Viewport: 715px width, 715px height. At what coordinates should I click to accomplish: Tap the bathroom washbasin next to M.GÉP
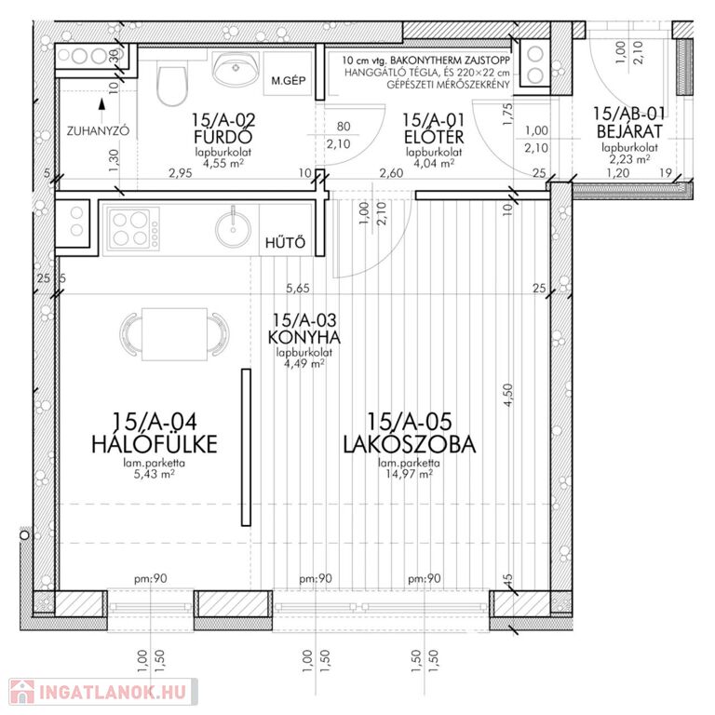tap(236, 69)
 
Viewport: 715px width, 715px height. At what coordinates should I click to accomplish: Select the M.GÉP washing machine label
tap(289, 81)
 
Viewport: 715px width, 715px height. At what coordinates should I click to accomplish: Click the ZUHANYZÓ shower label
tap(98, 131)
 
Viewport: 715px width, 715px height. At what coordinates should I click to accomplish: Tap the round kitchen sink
tap(233, 229)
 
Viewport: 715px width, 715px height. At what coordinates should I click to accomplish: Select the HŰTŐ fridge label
tap(285, 242)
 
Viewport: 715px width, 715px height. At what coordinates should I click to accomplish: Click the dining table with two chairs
tap(174, 334)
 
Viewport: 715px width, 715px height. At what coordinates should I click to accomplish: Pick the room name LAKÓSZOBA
tap(409, 445)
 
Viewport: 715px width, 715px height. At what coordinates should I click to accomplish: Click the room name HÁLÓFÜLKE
tap(155, 444)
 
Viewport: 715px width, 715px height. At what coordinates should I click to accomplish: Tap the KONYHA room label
tap(304, 337)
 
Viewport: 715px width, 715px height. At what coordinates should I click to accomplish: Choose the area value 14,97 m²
tap(409, 474)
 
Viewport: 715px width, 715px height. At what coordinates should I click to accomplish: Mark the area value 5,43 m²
tap(154, 474)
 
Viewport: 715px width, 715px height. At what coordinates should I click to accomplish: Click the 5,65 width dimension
tap(298, 289)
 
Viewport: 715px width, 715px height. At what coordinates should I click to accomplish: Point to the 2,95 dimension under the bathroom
tap(181, 173)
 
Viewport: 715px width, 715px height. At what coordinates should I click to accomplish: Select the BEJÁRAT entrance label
tap(628, 132)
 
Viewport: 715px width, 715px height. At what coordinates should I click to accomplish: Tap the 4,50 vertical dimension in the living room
tap(508, 396)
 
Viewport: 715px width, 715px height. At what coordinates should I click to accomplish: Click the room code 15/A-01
tap(433, 120)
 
